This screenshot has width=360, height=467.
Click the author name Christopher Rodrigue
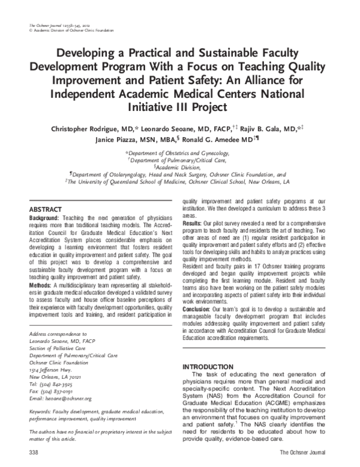click(x=86, y=128)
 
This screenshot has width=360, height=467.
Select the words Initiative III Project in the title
click(x=180, y=108)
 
